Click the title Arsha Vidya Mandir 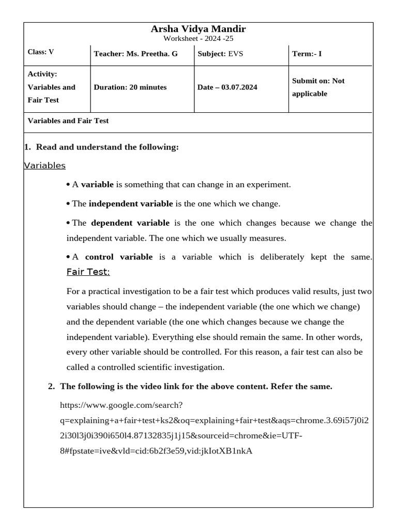[198, 29]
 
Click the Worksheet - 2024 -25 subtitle [198, 39]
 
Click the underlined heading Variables [45, 166]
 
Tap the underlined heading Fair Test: [88, 272]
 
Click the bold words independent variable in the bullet [131, 204]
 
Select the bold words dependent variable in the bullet [130, 223]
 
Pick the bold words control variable [118, 257]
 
